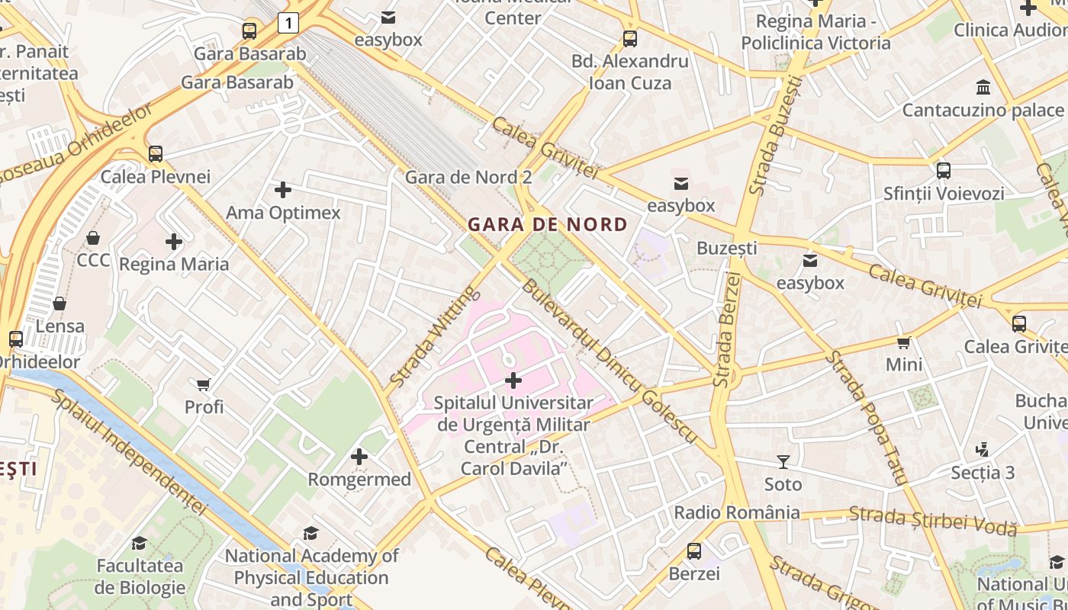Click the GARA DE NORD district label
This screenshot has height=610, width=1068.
[547, 225]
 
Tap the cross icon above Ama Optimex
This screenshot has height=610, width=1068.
[283, 189]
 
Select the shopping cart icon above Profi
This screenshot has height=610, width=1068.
[203, 384]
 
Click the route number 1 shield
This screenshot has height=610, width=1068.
[288, 24]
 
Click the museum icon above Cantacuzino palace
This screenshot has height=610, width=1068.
[983, 87]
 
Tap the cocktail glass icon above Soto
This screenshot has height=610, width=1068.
[783, 461]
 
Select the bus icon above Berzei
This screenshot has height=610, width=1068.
[693, 551]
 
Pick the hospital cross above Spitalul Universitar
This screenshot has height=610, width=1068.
[513, 380]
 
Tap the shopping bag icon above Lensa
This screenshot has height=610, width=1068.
[60, 303]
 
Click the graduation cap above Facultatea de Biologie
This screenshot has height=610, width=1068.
[139, 543]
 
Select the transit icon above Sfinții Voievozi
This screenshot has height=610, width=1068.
[943, 171]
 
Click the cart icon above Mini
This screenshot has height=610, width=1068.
[904, 342]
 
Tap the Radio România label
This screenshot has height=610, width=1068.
[736, 512]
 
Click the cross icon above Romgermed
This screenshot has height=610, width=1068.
[359, 457]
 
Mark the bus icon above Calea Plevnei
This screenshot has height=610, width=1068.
[156, 153]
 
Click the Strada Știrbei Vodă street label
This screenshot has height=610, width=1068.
[932, 520]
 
